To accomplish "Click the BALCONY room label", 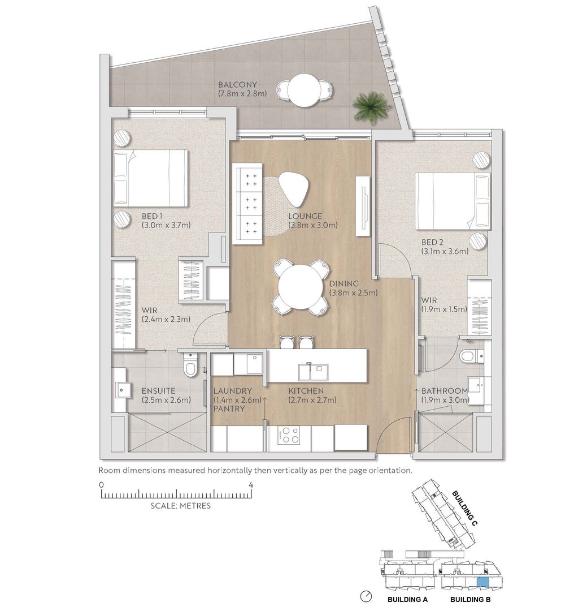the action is (x=237, y=84).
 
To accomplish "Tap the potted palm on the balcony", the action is (x=371, y=107).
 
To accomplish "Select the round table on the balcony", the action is (x=303, y=91).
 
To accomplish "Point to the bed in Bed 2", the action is (x=453, y=201).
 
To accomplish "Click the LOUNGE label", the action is (x=305, y=216).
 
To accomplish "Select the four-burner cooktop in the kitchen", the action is (x=289, y=435).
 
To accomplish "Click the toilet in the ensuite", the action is (x=191, y=365).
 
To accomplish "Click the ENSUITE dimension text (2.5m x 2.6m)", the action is (x=166, y=400).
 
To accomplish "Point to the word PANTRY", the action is (x=229, y=409).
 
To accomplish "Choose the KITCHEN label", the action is (x=306, y=390).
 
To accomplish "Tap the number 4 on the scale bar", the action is (x=251, y=485).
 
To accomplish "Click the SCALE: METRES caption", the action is (x=181, y=506).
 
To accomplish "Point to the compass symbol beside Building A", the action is (x=366, y=596).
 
